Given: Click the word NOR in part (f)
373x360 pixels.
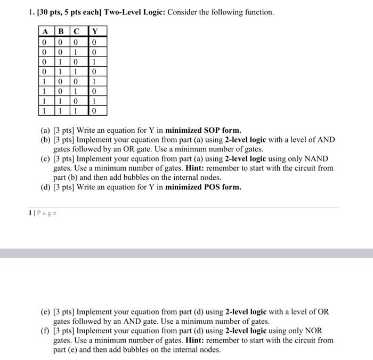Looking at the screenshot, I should click(x=313, y=330).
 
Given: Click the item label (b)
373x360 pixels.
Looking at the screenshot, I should click(x=46, y=139).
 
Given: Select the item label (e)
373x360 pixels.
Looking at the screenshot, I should click(x=46, y=311).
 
